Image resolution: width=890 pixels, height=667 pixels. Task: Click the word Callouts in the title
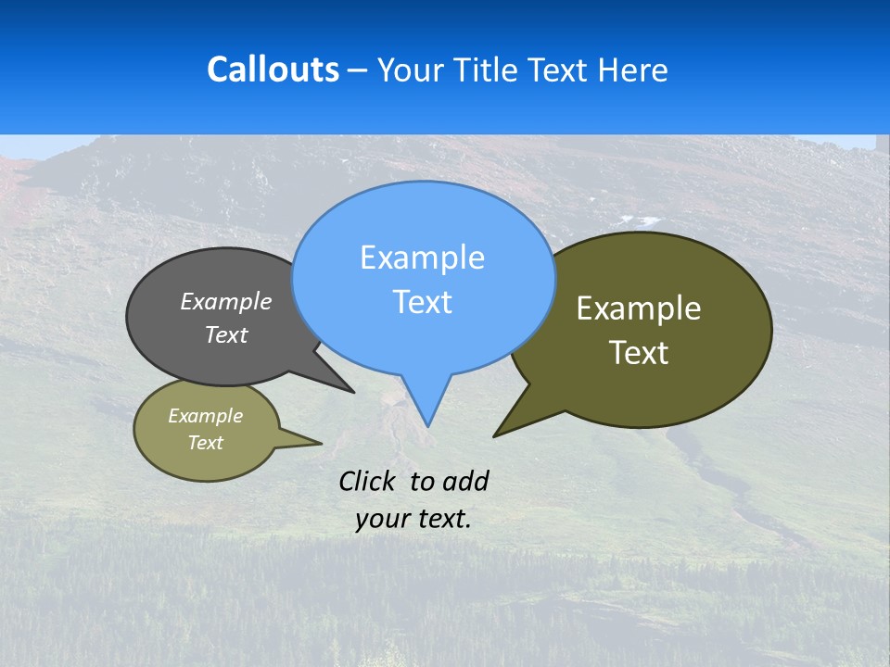click(273, 69)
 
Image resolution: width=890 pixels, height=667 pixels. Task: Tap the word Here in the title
click(632, 69)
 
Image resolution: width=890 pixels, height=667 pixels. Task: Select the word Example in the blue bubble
click(422, 258)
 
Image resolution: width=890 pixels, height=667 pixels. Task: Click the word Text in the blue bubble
click(422, 302)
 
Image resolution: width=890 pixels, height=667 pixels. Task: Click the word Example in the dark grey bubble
click(226, 301)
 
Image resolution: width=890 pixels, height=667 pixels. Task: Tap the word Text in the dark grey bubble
click(226, 334)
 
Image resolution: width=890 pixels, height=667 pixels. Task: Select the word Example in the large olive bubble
click(639, 308)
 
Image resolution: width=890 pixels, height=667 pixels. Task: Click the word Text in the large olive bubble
click(639, 352)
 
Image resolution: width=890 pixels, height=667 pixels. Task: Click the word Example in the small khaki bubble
click(206, 416)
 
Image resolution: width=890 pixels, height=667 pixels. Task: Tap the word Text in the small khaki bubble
click(206, 443)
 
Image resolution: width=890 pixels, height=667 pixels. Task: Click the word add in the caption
click(465, 481)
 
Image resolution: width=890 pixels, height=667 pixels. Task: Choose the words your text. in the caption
click(413, 519)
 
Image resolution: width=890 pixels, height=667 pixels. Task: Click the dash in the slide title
click(359, 69)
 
